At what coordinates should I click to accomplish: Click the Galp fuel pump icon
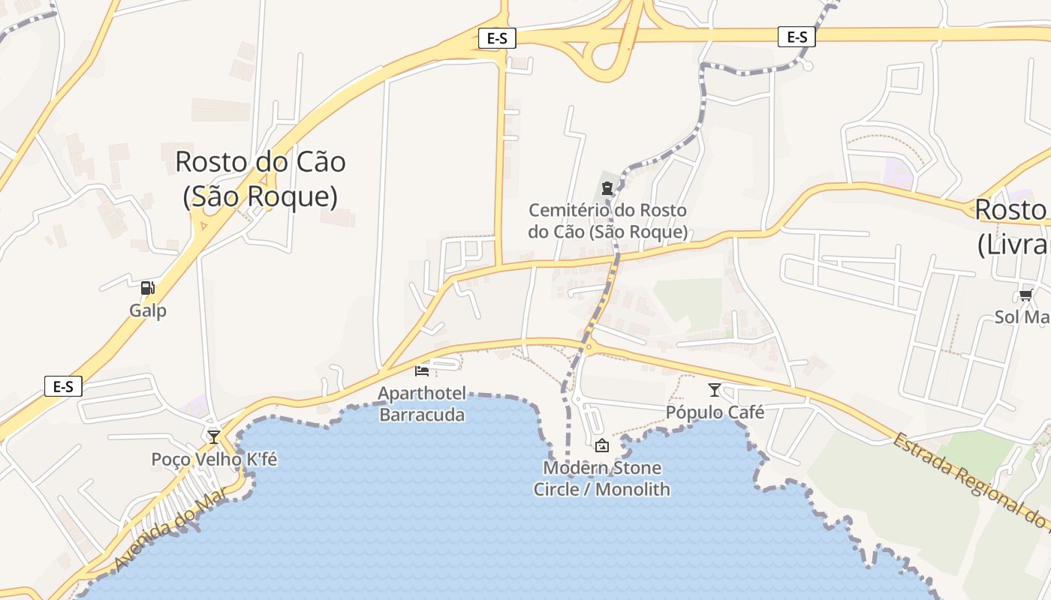point(148,288)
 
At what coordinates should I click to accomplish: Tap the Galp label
point(148,310)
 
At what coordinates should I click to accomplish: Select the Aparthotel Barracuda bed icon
point(422,370)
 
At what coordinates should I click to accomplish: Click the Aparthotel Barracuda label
point(422,404)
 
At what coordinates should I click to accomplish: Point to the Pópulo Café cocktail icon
point(714,390)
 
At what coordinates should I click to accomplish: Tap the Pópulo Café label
point(715,412)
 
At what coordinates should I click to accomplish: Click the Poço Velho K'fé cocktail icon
point(214,436)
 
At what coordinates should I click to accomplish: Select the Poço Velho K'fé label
point(214,459)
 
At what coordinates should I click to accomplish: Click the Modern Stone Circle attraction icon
point(601,446)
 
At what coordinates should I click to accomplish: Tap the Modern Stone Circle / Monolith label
point(601,478)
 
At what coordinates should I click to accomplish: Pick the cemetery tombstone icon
point(607,187)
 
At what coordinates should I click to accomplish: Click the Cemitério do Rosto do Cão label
point(607,221)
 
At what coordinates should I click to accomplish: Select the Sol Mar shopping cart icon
point(1025,295)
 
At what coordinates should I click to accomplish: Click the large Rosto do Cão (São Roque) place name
point(260,178)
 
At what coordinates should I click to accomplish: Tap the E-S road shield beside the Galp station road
point(63,387)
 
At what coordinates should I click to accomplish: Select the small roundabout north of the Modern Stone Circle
point(588,346)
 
